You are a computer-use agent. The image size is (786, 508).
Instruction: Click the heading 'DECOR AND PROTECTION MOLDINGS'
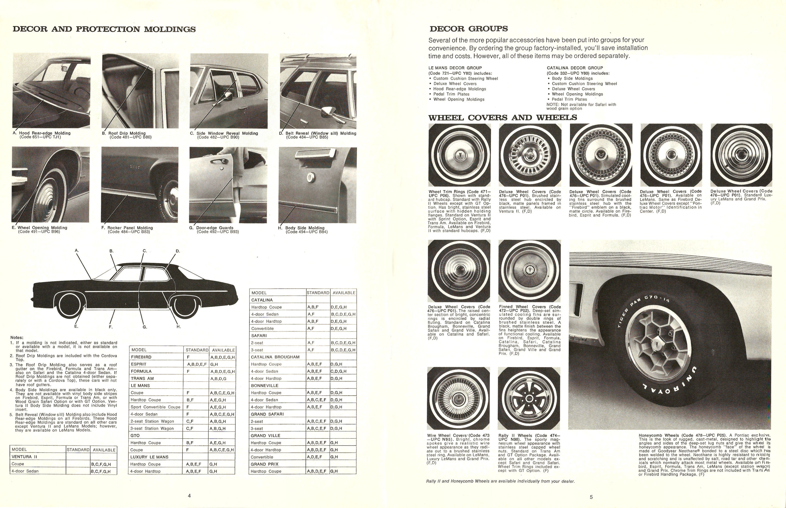click(104, 29)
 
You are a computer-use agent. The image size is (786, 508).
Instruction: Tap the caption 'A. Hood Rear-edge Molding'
click(42, 133)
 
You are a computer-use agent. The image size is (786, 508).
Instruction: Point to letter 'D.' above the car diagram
click(178, 251)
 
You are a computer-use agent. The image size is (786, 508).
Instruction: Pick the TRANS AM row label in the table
click(142, 378)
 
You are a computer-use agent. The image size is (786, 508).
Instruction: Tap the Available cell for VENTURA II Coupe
click(101, 464)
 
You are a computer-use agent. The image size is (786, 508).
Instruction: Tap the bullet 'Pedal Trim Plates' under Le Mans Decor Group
click(451, 94)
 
